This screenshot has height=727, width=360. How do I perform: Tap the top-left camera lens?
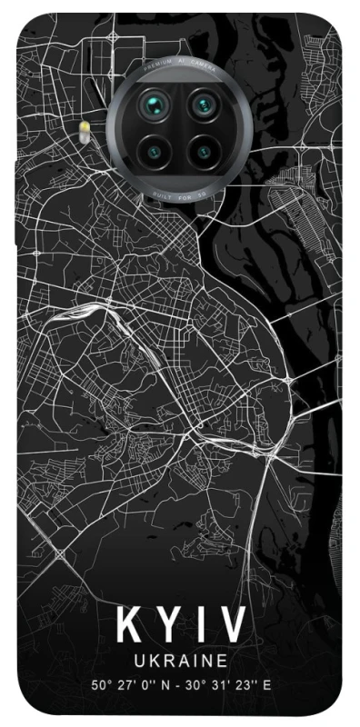pos(151,106)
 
